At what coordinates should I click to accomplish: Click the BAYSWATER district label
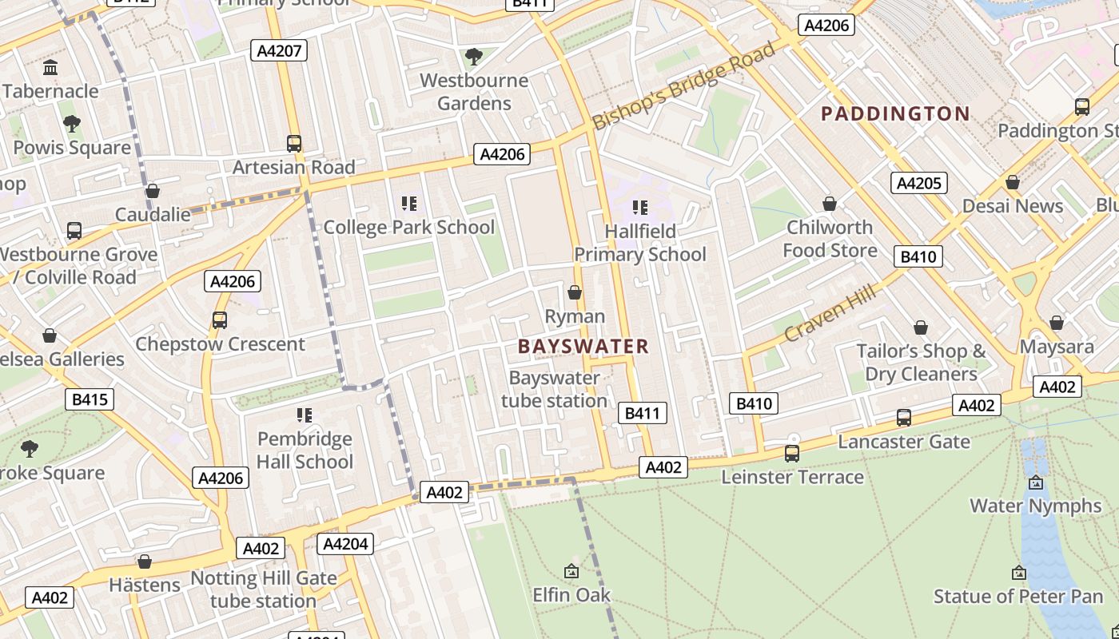coord(583,346)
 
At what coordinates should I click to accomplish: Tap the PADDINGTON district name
coord(895,113)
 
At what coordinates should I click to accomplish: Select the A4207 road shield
coord(278,51)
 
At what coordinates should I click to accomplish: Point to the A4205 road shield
coord(918,183)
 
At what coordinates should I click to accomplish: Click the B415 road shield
coord(90,399)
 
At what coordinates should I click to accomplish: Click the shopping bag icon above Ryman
coord(574,292)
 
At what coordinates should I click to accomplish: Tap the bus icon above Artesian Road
coord(294,144)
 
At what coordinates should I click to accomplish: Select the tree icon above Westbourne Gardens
coord(473,57)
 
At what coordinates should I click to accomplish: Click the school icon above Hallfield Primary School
coord(639,208)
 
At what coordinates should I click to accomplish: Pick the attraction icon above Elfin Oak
coord(571,571)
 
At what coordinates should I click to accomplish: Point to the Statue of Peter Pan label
coord(1018,596)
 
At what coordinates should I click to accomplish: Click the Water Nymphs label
coord(1035,506)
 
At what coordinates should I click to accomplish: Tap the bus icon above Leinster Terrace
coord(791,454)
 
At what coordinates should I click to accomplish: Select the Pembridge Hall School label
coord(305,450)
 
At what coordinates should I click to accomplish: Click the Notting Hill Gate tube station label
coord(264,589)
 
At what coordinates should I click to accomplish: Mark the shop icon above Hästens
coord(145,562)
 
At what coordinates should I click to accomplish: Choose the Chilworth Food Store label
coord(830,239)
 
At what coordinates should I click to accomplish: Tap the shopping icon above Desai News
coord(1013,182)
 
